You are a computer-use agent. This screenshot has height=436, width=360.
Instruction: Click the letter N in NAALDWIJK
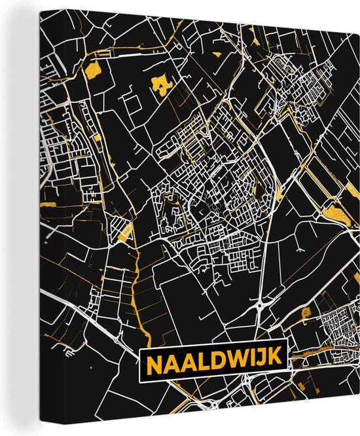click(151, 360)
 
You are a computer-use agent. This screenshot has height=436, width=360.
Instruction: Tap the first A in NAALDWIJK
click(168, 360)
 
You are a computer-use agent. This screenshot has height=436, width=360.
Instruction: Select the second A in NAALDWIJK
click(185, 360)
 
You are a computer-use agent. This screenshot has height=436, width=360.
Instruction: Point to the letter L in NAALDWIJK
click(200, 360)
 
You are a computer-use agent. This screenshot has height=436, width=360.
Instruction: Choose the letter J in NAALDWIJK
click(260, 360)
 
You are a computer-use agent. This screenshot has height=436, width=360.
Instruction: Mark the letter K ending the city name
click(274, 360)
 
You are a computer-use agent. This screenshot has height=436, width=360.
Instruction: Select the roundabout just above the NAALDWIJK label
click(261, 306)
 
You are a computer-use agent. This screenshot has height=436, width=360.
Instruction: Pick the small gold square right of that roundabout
click(305, 315)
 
